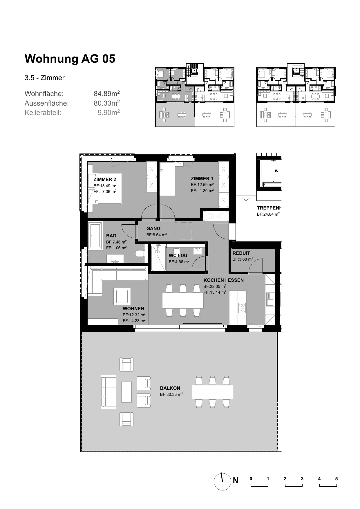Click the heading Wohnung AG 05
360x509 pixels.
pos(70,59)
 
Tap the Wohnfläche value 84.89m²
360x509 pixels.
pos(107,93)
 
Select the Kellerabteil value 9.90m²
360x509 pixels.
pos(109,112)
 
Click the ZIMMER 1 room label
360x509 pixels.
pos(202,178)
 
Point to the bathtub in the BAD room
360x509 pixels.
pos(95,235)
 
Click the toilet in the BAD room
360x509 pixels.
pos(140,253)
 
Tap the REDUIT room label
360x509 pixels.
pos(241,253)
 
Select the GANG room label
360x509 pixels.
pos(153,228)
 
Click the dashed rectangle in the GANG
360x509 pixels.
pos(183,231)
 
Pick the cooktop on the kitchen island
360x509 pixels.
pos(242,308)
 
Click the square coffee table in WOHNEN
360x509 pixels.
pos(122,296)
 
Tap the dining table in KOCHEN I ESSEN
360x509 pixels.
pos(183,300)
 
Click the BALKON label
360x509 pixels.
pos(170,388)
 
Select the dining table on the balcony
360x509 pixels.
pos(213,392)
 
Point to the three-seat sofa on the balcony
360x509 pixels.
pos(108,392)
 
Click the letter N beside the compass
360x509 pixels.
pos(236,481)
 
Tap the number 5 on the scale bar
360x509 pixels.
pos(337,479)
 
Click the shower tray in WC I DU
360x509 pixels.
pos(158,258)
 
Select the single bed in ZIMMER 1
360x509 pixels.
pos(167,179)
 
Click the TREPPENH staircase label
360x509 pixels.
pos(269,208)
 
